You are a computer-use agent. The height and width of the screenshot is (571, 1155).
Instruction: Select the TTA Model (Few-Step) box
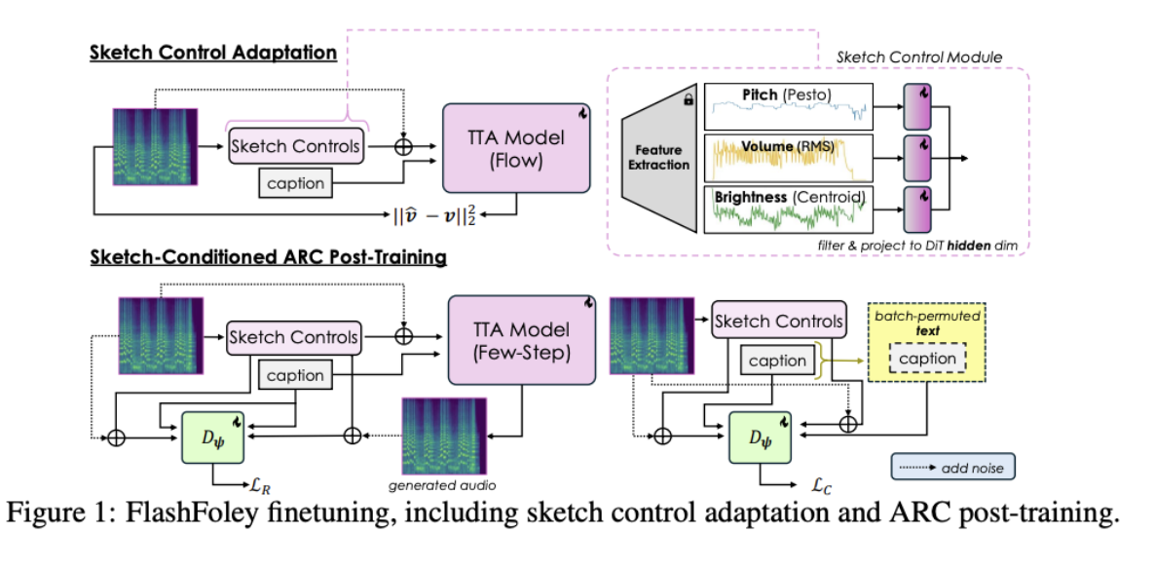click(x=521, y=338)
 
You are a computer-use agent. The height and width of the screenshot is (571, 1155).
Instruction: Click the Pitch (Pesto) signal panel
click(x=786, y=107)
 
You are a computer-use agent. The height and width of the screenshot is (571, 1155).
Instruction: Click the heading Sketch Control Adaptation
click(x=213, y=53)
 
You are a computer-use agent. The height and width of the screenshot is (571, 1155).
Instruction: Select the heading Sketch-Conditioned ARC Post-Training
click(x=268, y=258)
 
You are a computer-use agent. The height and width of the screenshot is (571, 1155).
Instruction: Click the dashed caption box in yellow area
click(x=927, y=359)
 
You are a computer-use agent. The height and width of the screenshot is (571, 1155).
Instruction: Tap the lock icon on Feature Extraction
click(x=689, y=99)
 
